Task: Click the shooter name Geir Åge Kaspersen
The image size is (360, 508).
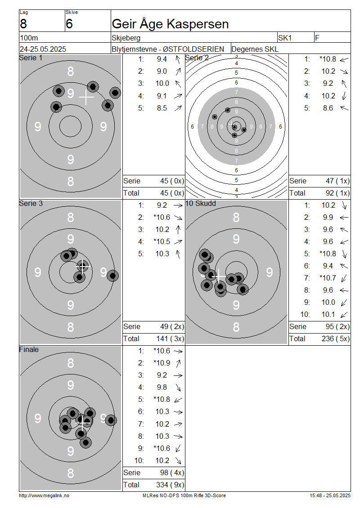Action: coord(170,24)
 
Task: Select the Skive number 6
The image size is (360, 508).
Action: coord(69,24)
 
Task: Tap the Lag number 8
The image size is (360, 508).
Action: coord(23,24)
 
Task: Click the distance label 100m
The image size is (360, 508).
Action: coord(29,38)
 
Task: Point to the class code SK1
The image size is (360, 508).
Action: coord(285,38)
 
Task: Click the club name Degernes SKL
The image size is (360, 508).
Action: coord(255,49)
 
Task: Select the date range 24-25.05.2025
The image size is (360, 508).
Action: coord(43,49)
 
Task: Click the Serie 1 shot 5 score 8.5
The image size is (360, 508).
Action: coord(162,108)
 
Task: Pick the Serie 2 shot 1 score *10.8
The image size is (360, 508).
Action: coord(328,59)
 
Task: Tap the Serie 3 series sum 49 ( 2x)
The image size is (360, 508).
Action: coord(172,326)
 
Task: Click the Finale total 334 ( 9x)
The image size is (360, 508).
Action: coord(170,485)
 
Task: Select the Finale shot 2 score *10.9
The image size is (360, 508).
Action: coord(162,363)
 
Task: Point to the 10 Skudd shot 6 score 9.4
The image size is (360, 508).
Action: coord(328,266)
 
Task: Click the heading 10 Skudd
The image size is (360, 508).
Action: coord(200,204)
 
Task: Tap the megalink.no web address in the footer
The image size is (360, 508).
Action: coord(44,496)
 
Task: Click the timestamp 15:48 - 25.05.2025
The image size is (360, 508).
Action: coord(330,496)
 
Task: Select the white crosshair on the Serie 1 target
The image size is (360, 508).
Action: coord(86,97)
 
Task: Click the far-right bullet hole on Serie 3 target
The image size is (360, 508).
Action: coord(113,276)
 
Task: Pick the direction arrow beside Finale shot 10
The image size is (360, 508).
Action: coord(178,461)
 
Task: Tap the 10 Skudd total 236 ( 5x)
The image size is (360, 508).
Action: coord(336,339)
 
